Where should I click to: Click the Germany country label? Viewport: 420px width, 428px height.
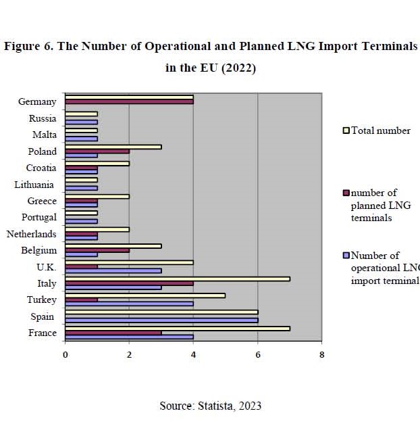click(37, 101)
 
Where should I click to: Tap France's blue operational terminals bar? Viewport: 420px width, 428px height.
click(129, 337)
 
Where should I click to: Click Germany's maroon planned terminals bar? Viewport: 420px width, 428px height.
click(129, 102)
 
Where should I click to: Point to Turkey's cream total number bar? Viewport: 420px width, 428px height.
click(145, 295)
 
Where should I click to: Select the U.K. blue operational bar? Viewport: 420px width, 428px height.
click(113, 270)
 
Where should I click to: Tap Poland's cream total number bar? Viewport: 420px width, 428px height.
click(113, 146)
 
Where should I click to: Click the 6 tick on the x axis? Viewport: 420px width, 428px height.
click(257, 354)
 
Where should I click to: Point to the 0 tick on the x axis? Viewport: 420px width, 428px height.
click(65, 354)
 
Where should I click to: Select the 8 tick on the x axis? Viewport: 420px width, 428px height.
click(321, 354)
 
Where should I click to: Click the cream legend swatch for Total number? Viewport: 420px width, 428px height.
click(346, 130)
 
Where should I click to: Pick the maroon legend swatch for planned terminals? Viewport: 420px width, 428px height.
click(346, 193)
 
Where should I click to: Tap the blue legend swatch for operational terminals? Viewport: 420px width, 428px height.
click(346, 256)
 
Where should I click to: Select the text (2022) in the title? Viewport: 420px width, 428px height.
click(239, 68)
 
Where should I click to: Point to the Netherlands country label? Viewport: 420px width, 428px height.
click(31, 234)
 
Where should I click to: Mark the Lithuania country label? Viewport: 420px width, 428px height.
click(36, 184)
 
